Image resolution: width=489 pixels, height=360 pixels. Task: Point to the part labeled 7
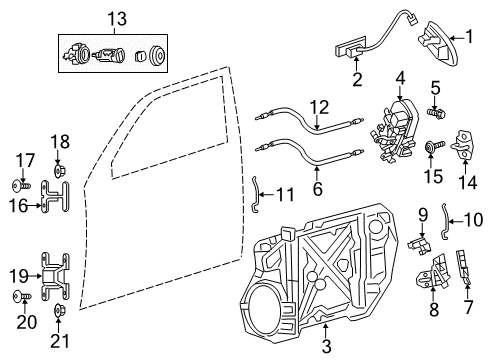(x=467, y=267)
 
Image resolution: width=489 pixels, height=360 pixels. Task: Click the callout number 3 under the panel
(x=326, y=345)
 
